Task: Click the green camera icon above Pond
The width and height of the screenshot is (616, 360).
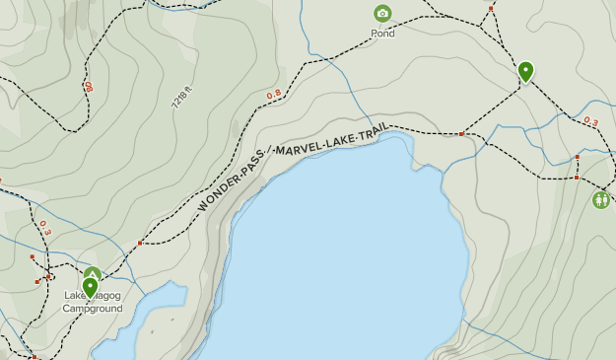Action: (382, 14)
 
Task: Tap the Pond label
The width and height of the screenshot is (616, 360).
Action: (382, 34)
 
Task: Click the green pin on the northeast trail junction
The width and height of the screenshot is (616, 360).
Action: (526, 71)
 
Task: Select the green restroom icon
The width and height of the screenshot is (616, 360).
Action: (601, 200)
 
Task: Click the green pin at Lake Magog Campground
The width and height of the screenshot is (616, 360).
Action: (91, 288)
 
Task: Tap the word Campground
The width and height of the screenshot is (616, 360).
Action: (93, 309)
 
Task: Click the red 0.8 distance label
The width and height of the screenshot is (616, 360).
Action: (274, 95)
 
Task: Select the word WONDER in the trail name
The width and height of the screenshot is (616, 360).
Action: (218, 190)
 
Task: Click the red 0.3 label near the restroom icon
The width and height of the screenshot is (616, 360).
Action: (590, 121)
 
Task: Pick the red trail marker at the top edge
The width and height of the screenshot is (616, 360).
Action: (491, 9)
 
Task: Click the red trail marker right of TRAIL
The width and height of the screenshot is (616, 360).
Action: (461, 133)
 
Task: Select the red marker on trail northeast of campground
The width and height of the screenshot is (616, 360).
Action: (140, 243)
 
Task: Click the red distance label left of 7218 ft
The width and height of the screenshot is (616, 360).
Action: (89, 87)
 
